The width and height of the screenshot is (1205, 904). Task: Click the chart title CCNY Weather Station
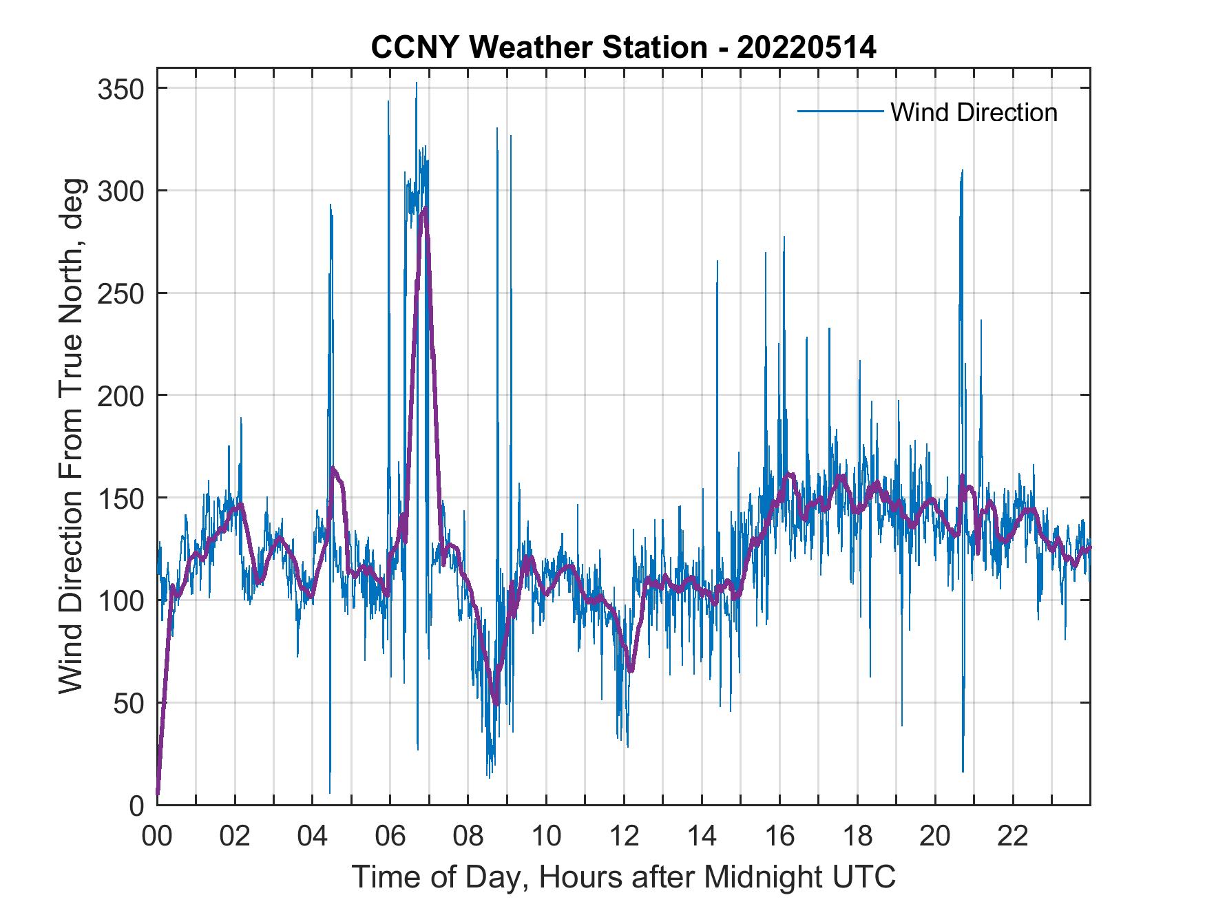623,48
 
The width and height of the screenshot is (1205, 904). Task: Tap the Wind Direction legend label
974,112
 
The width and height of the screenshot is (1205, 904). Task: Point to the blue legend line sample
840,111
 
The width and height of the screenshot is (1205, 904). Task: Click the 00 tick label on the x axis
157,837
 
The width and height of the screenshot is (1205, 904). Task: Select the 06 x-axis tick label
390,837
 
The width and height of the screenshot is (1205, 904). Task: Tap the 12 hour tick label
624,837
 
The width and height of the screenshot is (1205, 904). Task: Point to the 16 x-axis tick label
779,837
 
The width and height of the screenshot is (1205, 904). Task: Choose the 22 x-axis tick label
1013,837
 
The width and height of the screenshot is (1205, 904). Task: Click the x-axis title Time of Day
624,877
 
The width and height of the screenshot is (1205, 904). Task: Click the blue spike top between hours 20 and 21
962,170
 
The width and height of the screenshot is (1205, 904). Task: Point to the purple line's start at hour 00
158,794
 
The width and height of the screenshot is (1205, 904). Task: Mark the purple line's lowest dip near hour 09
496,704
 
